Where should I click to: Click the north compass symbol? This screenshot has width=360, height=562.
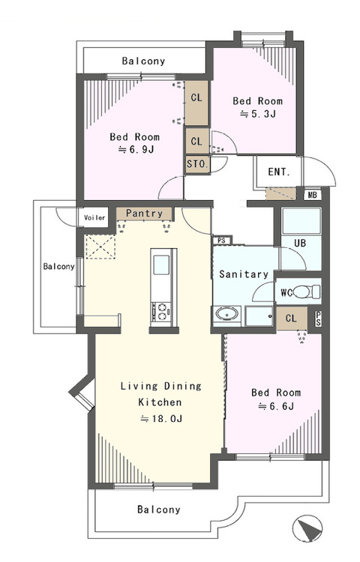tap(307, 528)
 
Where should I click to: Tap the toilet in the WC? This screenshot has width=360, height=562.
tap(307, 291)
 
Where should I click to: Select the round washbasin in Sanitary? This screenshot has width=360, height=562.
tap(226, 314)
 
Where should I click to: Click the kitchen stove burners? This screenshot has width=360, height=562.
tap(160, 312)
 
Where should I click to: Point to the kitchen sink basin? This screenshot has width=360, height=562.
tap(161, 265)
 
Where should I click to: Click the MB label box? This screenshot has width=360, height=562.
tap(313, 195)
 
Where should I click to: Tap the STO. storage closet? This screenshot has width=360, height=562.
tap(197, 165)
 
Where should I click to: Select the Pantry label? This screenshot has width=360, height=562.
tap(145, 214)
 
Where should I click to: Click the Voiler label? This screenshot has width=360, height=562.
tap(94, 217)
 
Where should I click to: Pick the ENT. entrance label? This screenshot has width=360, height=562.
tap(279, 172)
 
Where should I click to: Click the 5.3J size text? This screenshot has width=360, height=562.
tap(258, 115)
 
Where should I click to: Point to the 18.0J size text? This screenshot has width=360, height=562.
tap(161, 418)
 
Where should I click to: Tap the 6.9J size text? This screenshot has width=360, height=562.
tap(136, 149)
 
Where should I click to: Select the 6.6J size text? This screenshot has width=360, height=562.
tap(276, 406)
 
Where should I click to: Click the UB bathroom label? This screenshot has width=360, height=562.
tap(300, 243)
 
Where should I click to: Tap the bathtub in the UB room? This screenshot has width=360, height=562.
tap(301, 221)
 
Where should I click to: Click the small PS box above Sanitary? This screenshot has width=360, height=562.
tap(222, 240)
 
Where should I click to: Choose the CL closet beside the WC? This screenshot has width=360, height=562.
tap(292, 318)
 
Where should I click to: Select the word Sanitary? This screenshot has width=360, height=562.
tap(244, 274)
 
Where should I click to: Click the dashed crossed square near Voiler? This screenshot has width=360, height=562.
tap(100, 247)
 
